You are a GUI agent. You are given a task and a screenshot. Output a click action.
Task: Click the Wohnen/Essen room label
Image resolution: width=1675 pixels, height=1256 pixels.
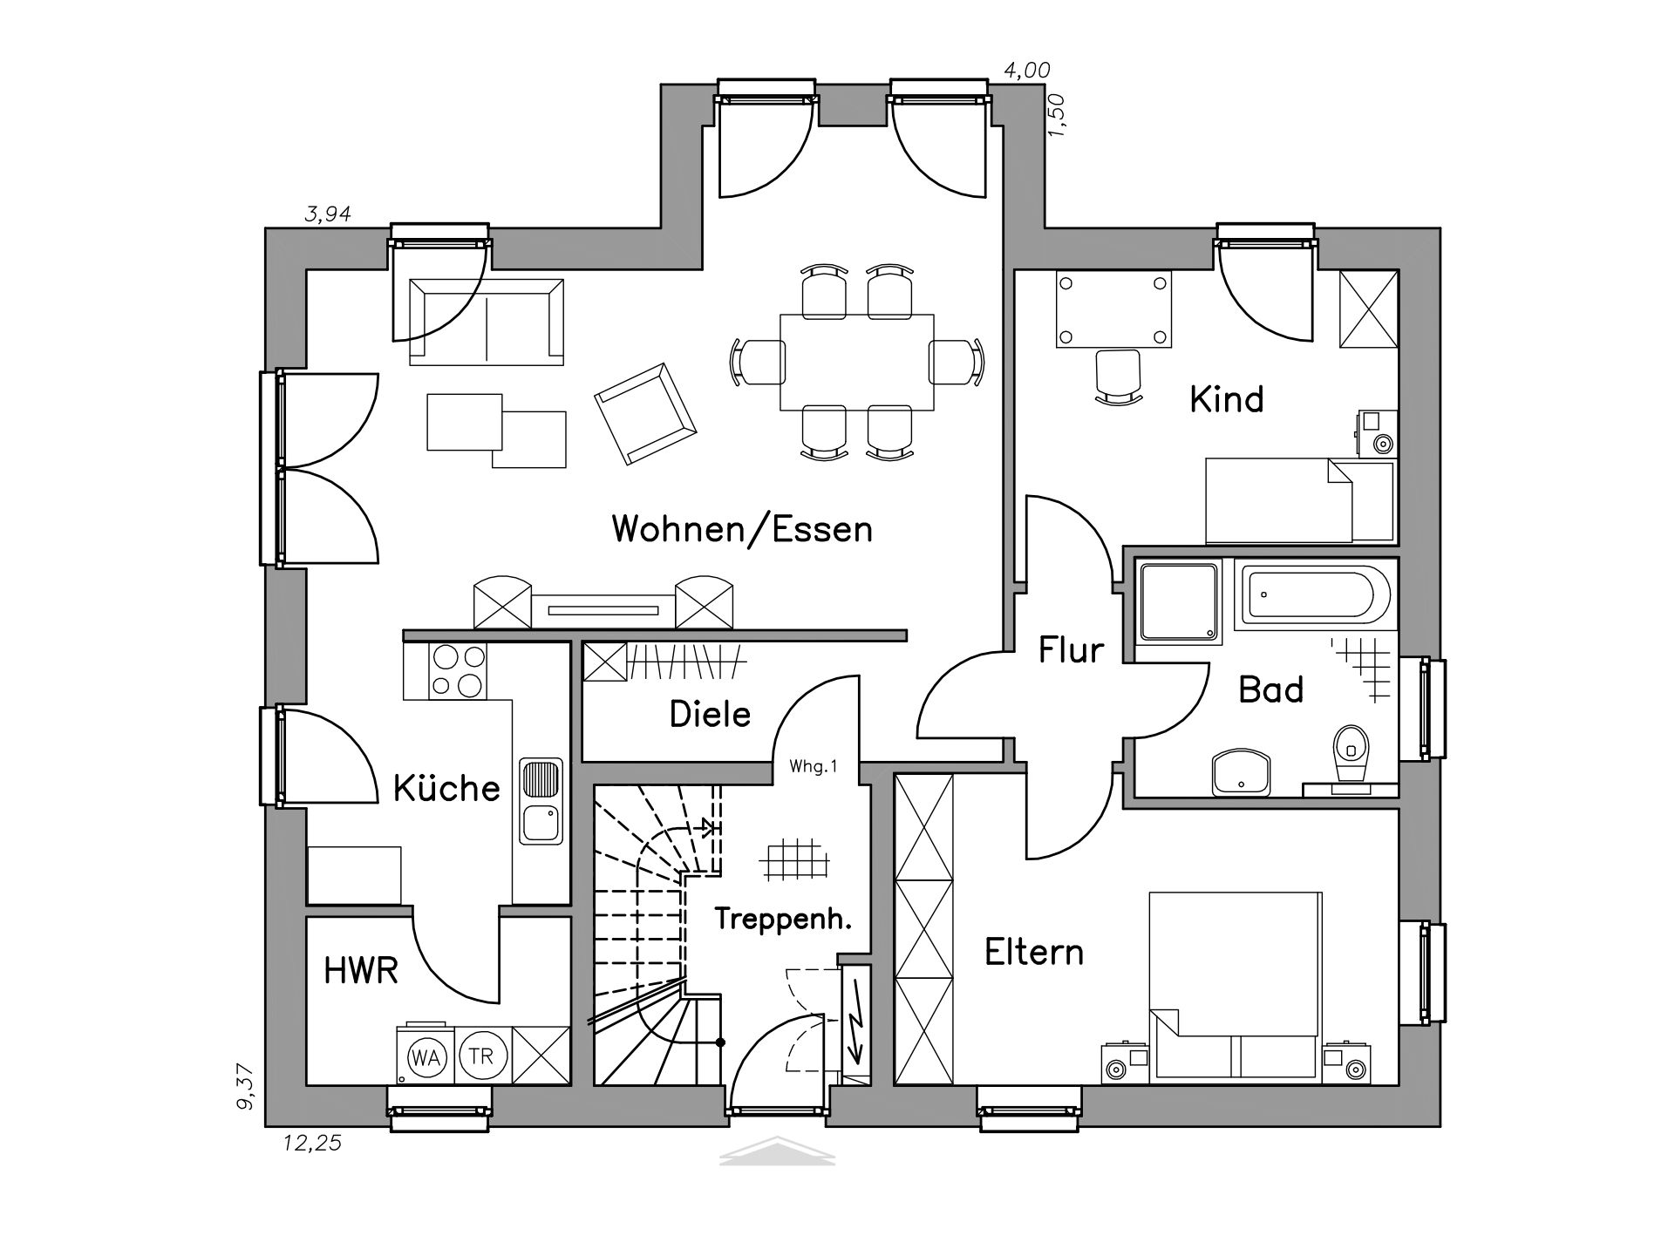click(x=742, y=529)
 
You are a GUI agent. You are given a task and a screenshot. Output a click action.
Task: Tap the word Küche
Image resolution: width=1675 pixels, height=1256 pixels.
click(x=446, y=788)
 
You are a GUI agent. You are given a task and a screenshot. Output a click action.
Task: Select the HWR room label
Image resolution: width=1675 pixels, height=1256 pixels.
click(x=361, y=970)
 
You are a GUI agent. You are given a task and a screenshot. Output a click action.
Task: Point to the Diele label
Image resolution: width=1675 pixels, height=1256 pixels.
click(x=710, y=714)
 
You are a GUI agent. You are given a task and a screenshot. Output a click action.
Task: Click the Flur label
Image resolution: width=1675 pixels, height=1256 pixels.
click(x=1071, y=650)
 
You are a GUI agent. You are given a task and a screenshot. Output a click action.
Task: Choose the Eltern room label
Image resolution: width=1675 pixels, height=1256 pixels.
click(x=1034, y=952)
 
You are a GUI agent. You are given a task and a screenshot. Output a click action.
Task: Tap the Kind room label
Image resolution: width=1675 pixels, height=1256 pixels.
click(x=1227, y=399)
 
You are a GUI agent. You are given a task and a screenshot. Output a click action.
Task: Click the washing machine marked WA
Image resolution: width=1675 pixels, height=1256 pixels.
click(x=426, y=1057)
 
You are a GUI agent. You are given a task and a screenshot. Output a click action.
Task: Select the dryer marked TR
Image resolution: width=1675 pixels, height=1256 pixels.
click(x=481, y=1056)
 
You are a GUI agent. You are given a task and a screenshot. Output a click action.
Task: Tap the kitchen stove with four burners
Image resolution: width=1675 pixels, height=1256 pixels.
click(x=458, y=671)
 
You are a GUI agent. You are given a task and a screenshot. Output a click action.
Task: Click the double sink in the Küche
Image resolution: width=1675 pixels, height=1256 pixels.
click(x=541, y=801)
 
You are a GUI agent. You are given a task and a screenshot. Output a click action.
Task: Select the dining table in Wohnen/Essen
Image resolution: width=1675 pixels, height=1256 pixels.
click(x=857, y=362)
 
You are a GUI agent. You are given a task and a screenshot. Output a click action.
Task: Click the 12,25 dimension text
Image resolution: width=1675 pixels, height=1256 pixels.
click(x=312, y=1144)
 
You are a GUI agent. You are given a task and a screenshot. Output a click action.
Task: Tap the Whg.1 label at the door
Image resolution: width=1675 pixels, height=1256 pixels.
click(x=813, y=767)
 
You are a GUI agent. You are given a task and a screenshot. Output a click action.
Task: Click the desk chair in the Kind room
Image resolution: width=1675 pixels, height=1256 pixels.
click(x=1118, y=377)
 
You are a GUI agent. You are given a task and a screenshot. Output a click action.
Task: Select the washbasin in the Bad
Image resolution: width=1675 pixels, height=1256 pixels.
click(x=1242, y=771)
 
